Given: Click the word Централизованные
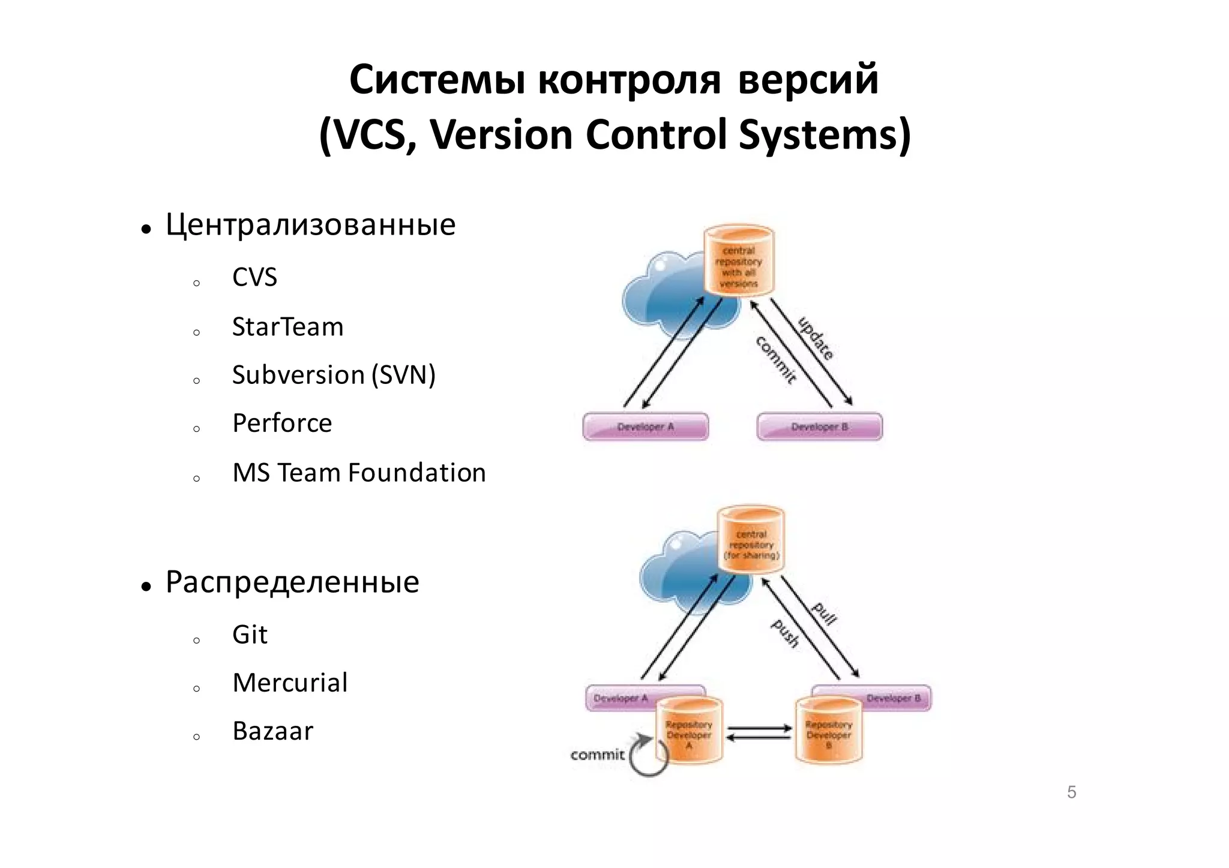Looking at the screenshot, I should click(x=310, y=225).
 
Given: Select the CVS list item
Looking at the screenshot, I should click(x=254, y=277).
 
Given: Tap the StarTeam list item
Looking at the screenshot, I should click(x=287, y=327).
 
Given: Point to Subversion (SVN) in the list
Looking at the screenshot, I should click(x=334, y=375).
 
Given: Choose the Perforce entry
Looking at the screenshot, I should click(x=282, y=423).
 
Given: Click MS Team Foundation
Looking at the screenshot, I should click(x=359, y=473).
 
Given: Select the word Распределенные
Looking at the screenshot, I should click(x=292, y=582).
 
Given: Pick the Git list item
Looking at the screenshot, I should click(x=250, y=635).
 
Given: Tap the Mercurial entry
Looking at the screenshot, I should click(x=290, y=683).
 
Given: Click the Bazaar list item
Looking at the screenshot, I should click(x=272, y=731).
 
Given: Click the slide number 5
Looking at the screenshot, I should click(x=1072, y=792).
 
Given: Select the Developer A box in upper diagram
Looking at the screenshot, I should click(x=646, y=427).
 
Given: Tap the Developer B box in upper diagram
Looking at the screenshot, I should click(x=820, y=427).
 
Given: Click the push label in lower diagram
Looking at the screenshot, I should click(x=785, y=633).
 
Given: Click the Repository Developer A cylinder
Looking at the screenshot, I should click(x=689, y=731).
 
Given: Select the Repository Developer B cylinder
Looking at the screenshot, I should click(x=829, y=731).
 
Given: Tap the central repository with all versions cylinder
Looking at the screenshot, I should click(x=739, y=262).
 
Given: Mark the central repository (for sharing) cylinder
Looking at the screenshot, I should click(x=751, y=540).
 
